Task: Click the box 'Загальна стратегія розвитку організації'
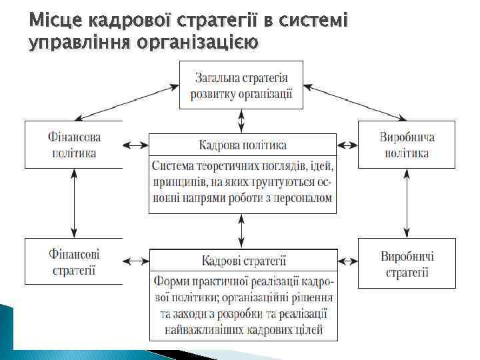click(241, 85)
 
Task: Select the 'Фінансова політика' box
click(74, 145)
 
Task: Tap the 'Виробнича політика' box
click(407, 145)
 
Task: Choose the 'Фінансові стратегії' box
click(74, 262)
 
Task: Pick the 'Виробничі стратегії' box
click(407, 263)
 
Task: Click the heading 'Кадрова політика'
click(243, 145)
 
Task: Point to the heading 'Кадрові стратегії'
click(243, 259)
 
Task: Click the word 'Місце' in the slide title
click(52, 23)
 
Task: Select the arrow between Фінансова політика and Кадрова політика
click(135, 145)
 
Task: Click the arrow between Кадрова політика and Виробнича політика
click(347, 145)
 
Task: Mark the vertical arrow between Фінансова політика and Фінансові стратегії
click(75, 203)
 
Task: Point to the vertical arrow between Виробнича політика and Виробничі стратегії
click(407, 203)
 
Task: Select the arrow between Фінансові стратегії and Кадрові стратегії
click(136, 259)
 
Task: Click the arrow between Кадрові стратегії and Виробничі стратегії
click(347, 259)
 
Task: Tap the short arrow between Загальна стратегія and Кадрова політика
click(241, 121)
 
